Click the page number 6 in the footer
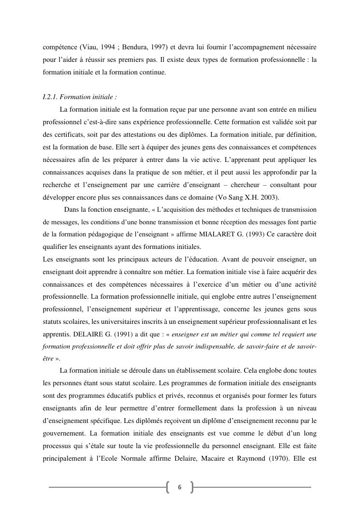(x=180, y=487)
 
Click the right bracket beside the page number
(x=191, y=487)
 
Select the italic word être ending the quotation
(x=48, y=359)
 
